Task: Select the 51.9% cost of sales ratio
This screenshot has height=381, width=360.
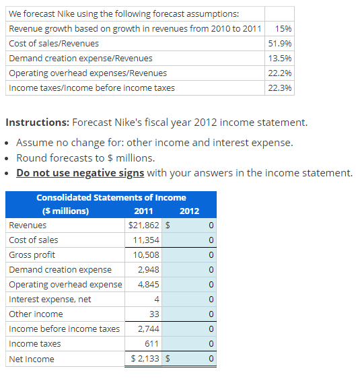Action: coord(279,43)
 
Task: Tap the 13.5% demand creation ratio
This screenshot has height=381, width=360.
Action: coord(279,58)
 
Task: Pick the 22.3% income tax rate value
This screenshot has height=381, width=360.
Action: coord(279,88)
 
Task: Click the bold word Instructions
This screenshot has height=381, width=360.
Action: coord(36,123)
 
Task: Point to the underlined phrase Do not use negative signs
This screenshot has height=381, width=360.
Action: coord(80,173)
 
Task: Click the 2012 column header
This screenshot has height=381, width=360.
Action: coord(189,211)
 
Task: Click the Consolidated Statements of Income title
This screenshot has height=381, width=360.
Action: coord(111,197)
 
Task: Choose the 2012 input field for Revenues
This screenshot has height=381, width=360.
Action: coord(194,226)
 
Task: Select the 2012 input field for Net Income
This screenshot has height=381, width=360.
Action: coord(194,359)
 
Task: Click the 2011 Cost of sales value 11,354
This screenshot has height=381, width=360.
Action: coord(146,240)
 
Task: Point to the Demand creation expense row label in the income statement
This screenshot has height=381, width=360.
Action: coord(61,270)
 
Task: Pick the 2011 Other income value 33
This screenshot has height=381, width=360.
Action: coord(153,314)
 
